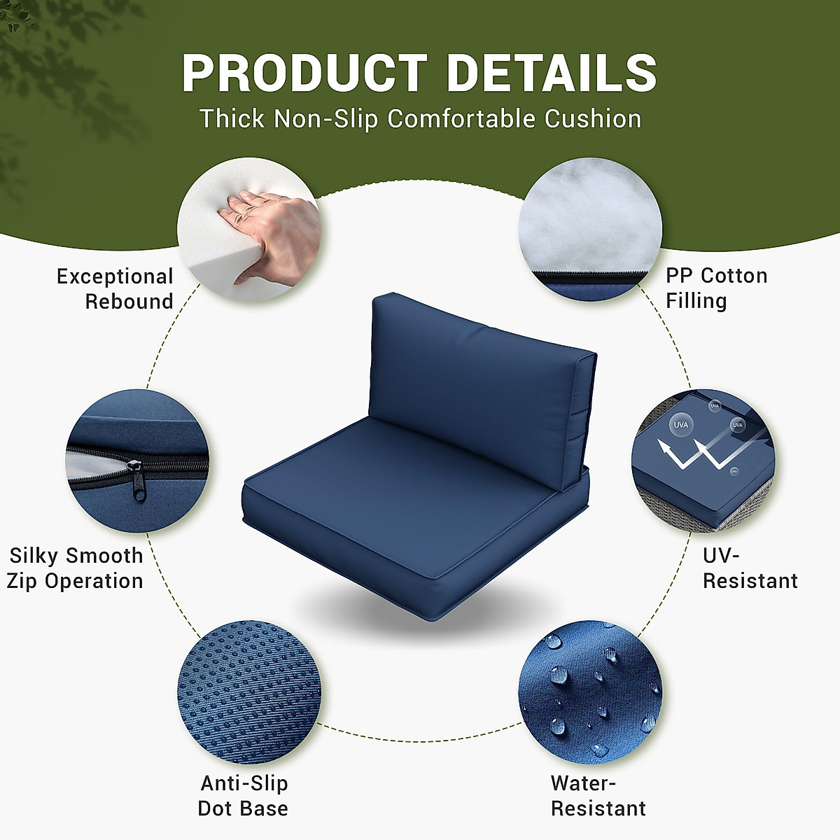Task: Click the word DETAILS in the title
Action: (552, 73)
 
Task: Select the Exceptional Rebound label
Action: (115, 288)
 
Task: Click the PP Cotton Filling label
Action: (716, 288)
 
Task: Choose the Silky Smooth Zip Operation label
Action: (75, 568)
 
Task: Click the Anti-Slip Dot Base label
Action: (243, 795)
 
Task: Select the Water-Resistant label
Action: (598, 795)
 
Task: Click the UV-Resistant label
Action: (750, 568)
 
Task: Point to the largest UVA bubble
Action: (680, 425)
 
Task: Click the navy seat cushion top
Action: (406, 490)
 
